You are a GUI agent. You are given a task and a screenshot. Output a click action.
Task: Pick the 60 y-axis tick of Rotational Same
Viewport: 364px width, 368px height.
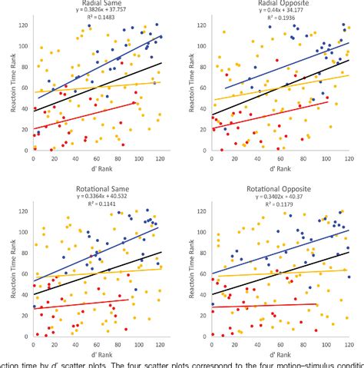pyautogui.click(x=25, y=274)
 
